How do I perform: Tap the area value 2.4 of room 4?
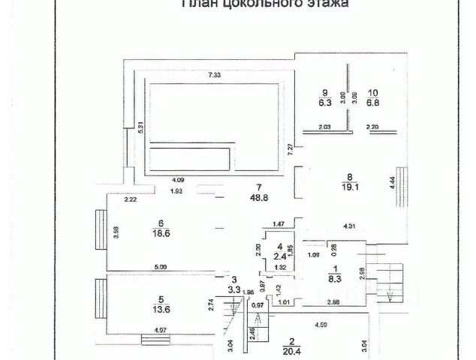pyautogui.click(x=279, y=254)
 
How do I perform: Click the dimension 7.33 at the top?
pyautogui.click(x=215, y=75)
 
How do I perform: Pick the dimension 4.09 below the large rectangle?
pyautogui.click(x=178, y=179)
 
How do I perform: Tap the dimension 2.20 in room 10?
pyautogui.click(x=373, y=127)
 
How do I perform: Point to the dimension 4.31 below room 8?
pyautogui.click(x=349, y=225)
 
